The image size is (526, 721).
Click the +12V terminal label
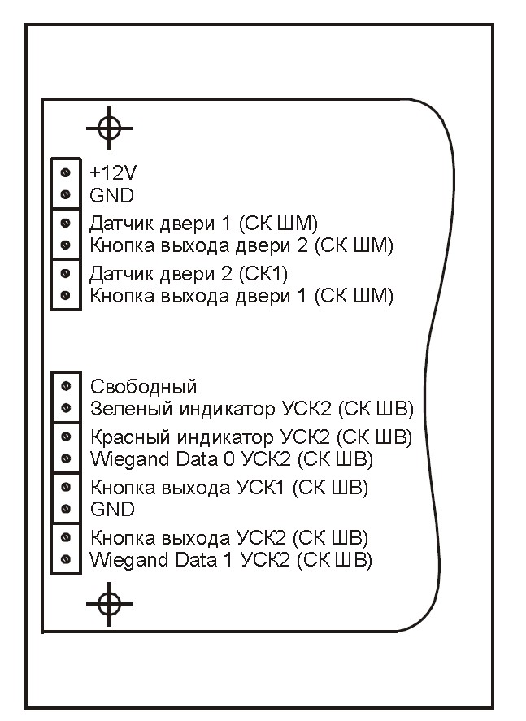point(113,173)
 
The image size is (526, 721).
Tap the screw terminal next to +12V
point(65,173)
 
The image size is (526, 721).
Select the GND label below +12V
point(111,195)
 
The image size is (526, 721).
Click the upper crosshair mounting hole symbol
point(109,128)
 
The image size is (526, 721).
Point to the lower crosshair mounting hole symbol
point(109,604)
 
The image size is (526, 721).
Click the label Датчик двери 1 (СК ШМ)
point(204,224)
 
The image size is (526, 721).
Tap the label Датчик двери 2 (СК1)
point(189,274)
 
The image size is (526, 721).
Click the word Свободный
point(143,387)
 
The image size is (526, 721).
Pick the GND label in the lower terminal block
point(113,510)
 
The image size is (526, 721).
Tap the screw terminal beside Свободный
point(66,386)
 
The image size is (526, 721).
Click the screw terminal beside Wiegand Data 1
point(66,559)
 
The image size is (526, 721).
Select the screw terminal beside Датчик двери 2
point(65,274)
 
